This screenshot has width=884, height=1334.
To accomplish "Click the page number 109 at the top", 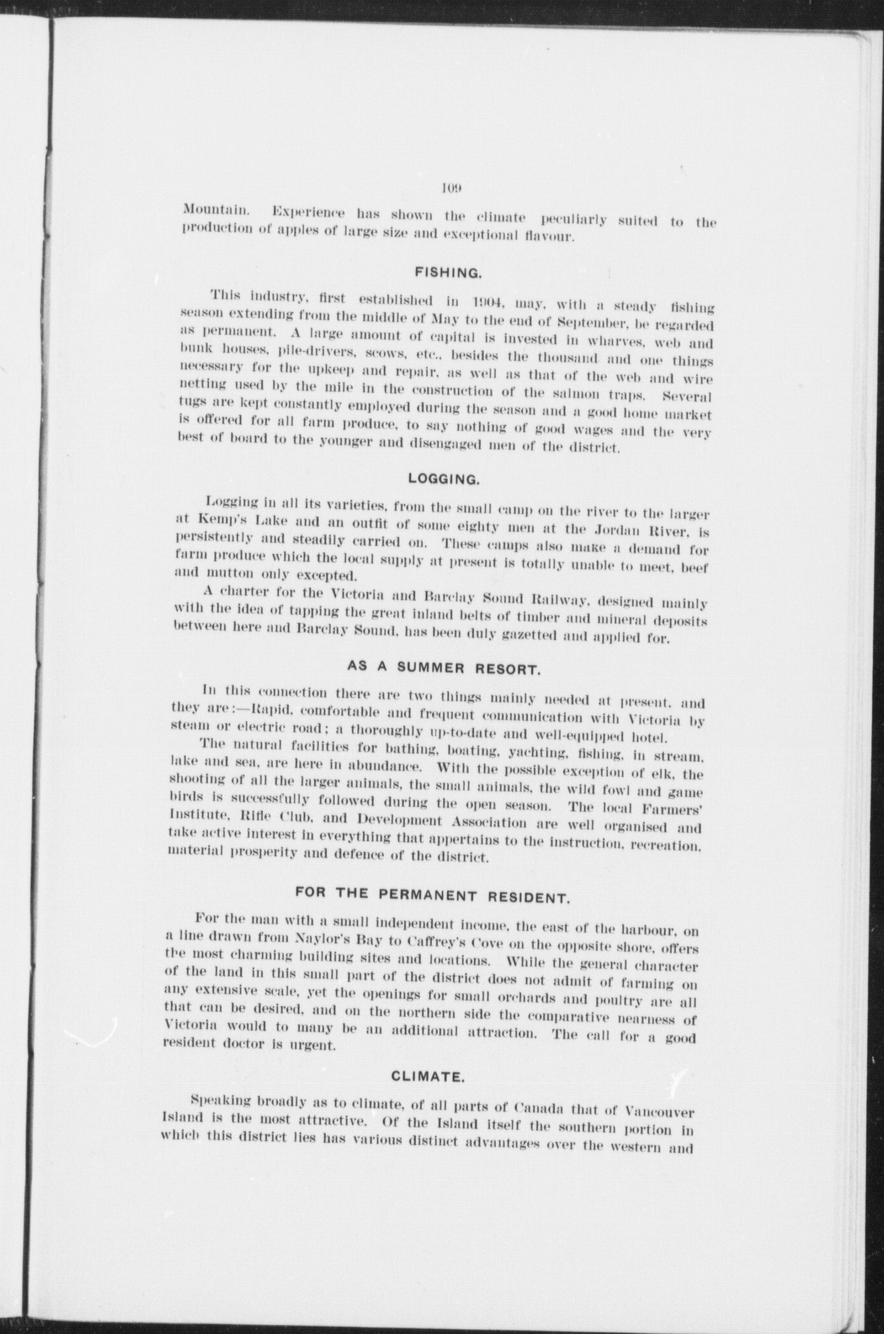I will (452, 188).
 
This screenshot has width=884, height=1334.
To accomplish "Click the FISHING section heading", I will (448, 273).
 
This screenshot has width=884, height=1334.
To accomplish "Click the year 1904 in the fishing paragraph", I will (491, 299).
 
